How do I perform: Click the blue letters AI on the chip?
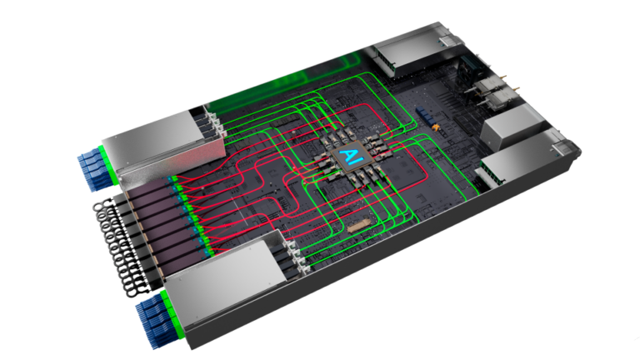350,156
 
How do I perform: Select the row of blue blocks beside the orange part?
424,115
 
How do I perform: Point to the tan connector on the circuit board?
359,225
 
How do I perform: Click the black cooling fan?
468,69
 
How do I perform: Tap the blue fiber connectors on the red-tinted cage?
92,168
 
